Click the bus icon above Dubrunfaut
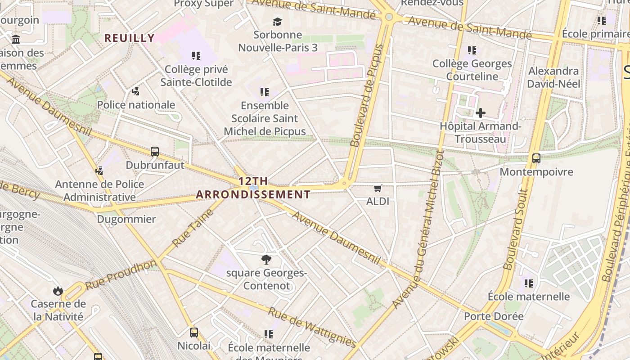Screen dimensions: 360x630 tap(155, 152)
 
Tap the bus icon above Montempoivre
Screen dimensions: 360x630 tap(536, 158)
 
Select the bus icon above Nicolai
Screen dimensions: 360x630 tap(194, 333)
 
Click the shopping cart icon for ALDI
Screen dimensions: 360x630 tap(378, 188)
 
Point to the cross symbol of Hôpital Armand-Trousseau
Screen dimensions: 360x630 tap(481, 113)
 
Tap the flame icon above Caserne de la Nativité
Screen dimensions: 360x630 tap(58, 291)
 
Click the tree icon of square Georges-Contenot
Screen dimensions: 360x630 tap(266, 259)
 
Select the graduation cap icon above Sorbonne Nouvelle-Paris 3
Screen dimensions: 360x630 tap(278, 22)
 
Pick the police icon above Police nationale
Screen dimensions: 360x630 tap(136, 92)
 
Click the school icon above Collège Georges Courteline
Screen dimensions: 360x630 tap(472, 50)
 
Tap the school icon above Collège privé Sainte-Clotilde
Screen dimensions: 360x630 tap(196, 56)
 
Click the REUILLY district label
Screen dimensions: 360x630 tap(130, 38)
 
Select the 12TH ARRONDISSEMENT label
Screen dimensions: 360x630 tap(253, 188)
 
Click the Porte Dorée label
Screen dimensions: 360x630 tap(494, 316)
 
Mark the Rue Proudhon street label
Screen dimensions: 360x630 tap(121, 274)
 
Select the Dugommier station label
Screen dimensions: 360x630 tap(126, 220)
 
